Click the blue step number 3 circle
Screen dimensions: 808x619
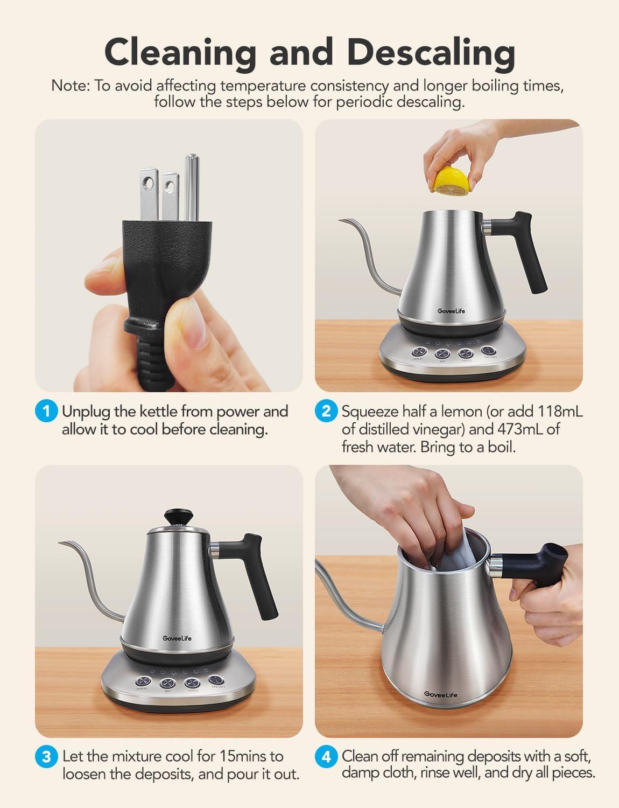point(46,757)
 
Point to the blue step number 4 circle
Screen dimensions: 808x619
point(326,757)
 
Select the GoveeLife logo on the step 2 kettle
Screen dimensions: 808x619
point(437,311)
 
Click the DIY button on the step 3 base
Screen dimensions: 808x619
point(167,683)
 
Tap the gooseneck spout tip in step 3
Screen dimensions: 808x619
point(61,542)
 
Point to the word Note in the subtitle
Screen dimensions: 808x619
point(70,86)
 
